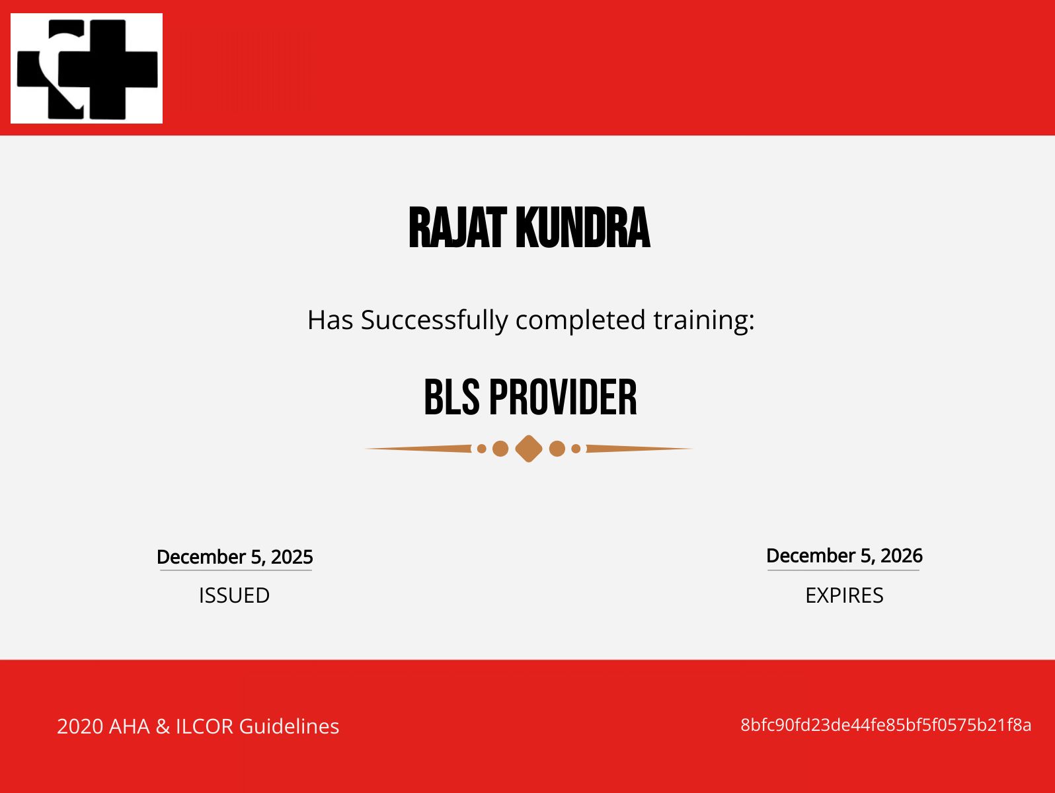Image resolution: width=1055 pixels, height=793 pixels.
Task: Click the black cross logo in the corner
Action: (87, 69)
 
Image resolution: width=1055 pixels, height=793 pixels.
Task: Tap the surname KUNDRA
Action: (583, 228)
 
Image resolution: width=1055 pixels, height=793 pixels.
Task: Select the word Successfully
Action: (434, 321)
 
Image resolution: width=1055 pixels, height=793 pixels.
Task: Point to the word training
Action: (704, 321)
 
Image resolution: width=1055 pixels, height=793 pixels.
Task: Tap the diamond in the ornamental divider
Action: (529, 449)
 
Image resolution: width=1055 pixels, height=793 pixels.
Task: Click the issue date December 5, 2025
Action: (235, 556)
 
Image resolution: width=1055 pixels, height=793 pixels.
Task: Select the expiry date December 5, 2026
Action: (845, 556)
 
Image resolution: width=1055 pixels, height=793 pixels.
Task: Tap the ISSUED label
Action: (235, 595)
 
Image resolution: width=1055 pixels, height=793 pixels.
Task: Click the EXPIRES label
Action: (845, 595)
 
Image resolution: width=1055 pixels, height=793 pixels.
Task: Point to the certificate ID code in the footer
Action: (886, 725)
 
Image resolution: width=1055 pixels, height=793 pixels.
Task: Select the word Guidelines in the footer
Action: (289, 726)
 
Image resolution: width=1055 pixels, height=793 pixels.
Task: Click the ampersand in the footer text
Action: (163, 726)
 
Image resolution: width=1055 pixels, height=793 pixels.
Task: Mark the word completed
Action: (580, 321)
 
